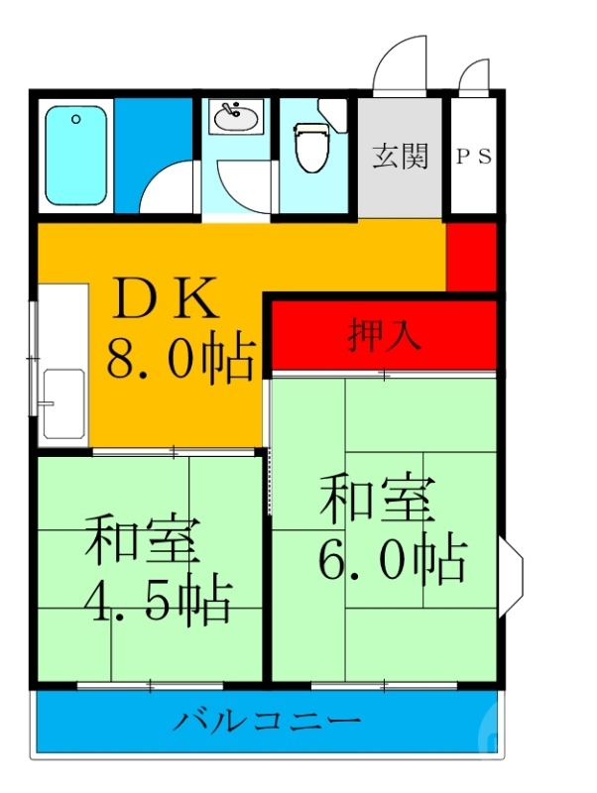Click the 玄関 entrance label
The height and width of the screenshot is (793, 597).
[401, 156]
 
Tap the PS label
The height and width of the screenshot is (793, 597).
[474, 157]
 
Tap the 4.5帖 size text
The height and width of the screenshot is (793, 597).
[159, 600]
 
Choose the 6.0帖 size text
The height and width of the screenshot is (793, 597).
[392, 561]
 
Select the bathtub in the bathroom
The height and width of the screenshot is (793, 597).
[75, 156]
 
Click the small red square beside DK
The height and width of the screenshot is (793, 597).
[471, 257]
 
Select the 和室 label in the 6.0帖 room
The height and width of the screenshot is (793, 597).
[377, 501]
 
